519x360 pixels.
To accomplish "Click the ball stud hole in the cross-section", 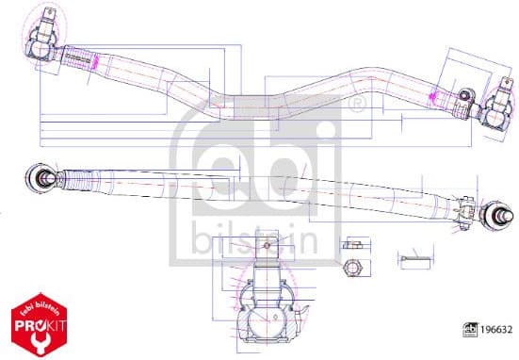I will (268, 247).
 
